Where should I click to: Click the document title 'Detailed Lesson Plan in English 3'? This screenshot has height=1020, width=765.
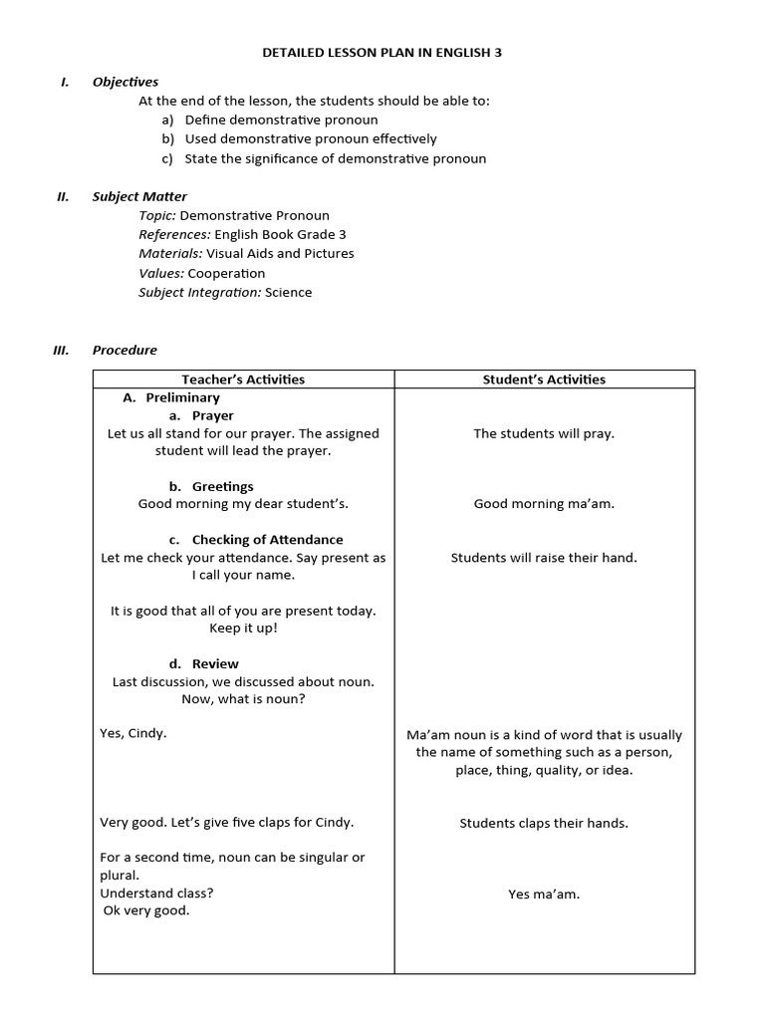coord(382,53)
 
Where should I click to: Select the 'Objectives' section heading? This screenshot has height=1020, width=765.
coord(126,82)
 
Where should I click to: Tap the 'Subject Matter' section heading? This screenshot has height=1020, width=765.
coord(139,196)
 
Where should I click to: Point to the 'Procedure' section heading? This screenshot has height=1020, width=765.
coord(125,350)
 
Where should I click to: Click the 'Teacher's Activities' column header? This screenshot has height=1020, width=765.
coord(243,380)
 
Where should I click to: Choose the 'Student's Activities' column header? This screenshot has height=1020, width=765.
coord(544,380)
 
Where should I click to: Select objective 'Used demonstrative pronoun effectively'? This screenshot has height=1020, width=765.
coord(310,138)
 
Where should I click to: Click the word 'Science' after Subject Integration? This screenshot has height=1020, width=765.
coord(288,292)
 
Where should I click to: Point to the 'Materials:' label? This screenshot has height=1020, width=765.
coord(170,253)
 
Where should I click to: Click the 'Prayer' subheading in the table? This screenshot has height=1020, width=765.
coord(212,415)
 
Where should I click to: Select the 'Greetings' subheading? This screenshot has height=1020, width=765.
coord(222,486)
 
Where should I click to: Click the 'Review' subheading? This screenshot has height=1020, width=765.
coord(215,663)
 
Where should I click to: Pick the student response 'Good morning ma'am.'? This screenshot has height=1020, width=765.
coord(544,504)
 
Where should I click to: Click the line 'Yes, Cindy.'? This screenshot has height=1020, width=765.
coord(133,733)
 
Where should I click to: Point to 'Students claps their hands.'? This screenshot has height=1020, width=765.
coord(544,823)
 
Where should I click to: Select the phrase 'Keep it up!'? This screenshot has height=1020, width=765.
coord(243,629)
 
